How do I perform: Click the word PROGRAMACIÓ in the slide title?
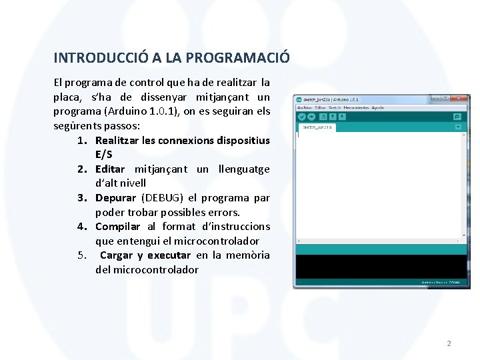coord(239,58)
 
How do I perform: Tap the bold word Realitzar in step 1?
coord(117,140)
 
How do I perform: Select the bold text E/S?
coord(104,155)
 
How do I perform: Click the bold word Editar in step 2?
coord(110,169)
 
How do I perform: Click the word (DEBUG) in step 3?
coord(163,198)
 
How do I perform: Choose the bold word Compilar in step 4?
coord(117,227)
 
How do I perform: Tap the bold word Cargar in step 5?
coord(117,255)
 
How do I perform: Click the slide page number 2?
coord(449,343)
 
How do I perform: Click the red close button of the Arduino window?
coord(462,99)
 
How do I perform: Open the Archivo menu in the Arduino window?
coord(305,107)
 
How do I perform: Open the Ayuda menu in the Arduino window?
coord(377,107)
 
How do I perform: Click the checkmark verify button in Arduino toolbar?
coord(302,117)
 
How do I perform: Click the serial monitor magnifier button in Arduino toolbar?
coord(457,117)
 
